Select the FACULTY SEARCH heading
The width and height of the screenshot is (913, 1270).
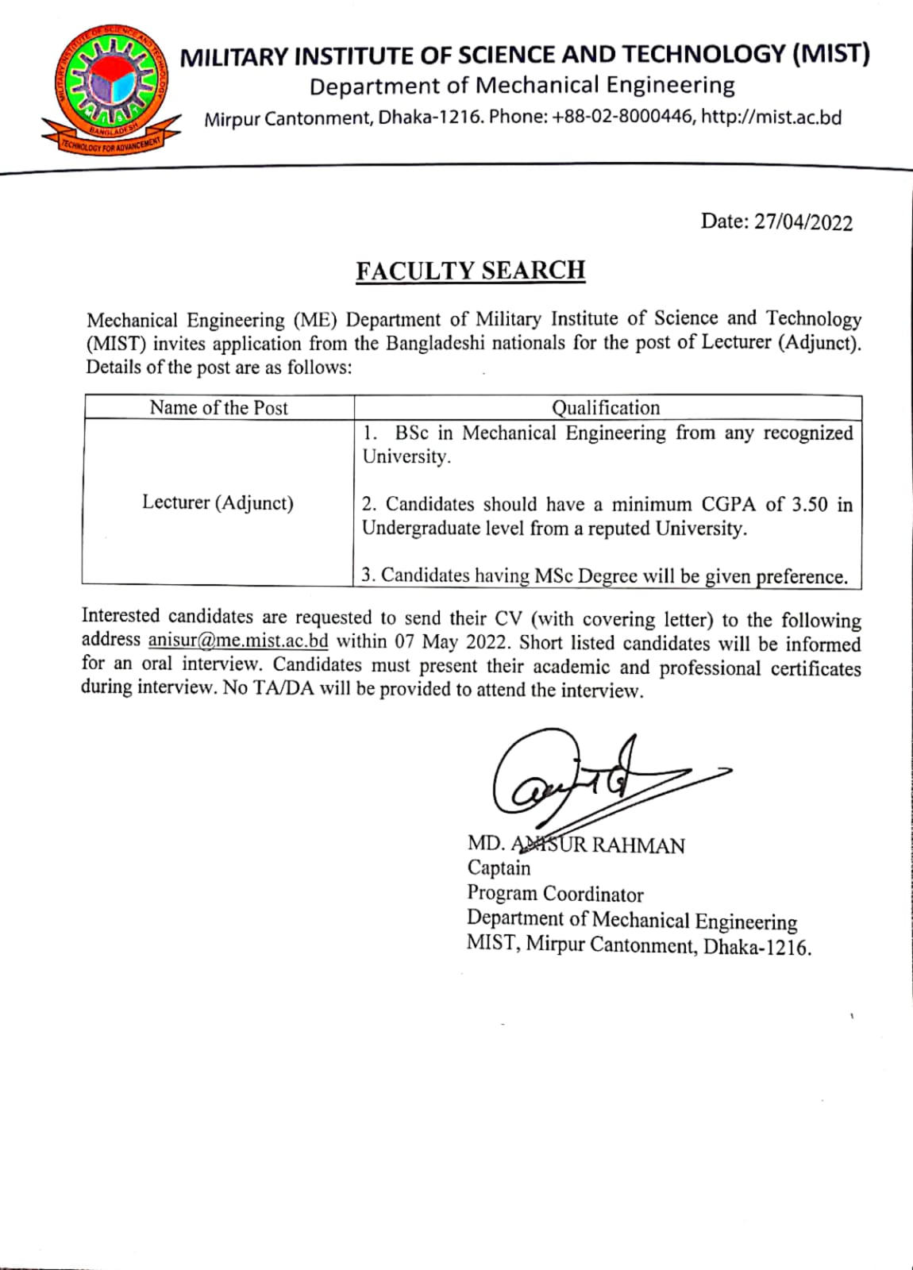click(x=470, y=271)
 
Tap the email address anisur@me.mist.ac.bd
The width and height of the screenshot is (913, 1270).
click(x=238, y=641)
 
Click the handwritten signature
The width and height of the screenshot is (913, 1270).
click(x=587, y=782)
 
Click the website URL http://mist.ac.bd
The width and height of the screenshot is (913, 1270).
click(x=772, y=118)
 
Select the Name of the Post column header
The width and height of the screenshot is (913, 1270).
click(x=218, y=408)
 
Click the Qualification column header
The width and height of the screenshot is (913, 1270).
click(x=606, y=408)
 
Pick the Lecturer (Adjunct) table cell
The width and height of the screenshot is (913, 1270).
click(x=218, y=502)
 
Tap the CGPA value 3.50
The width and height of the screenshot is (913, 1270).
click(x=809, y=505)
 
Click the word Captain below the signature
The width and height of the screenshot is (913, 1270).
click(x=499, y=868)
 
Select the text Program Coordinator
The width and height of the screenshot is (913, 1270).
click(x=555, y=895)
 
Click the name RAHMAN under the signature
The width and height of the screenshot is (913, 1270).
click(x=638, y=845)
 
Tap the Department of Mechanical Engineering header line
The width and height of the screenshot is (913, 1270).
click(x=522, y=86)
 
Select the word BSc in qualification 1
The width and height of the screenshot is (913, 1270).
click(x=412, y=433)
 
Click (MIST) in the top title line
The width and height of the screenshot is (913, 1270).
click(x=830, y=54)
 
